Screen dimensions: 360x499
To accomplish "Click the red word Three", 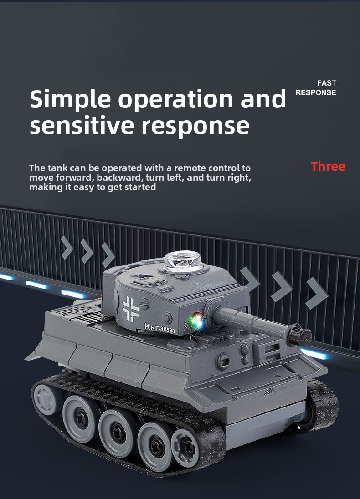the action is point(328,167).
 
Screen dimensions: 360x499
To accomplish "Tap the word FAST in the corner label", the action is point(327,83).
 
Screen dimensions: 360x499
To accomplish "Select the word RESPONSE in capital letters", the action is point(316,92).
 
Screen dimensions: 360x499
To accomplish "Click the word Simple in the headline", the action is point(70,100).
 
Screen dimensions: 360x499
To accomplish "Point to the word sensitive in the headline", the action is point(82,125).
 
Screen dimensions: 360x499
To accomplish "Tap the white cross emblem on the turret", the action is point(131,308).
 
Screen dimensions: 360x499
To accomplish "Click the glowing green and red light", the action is point(196,321).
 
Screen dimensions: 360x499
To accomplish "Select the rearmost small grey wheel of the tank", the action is point(46,399).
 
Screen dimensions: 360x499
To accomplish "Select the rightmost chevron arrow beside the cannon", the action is point(316,293).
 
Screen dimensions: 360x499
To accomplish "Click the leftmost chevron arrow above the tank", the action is point(67,247).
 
